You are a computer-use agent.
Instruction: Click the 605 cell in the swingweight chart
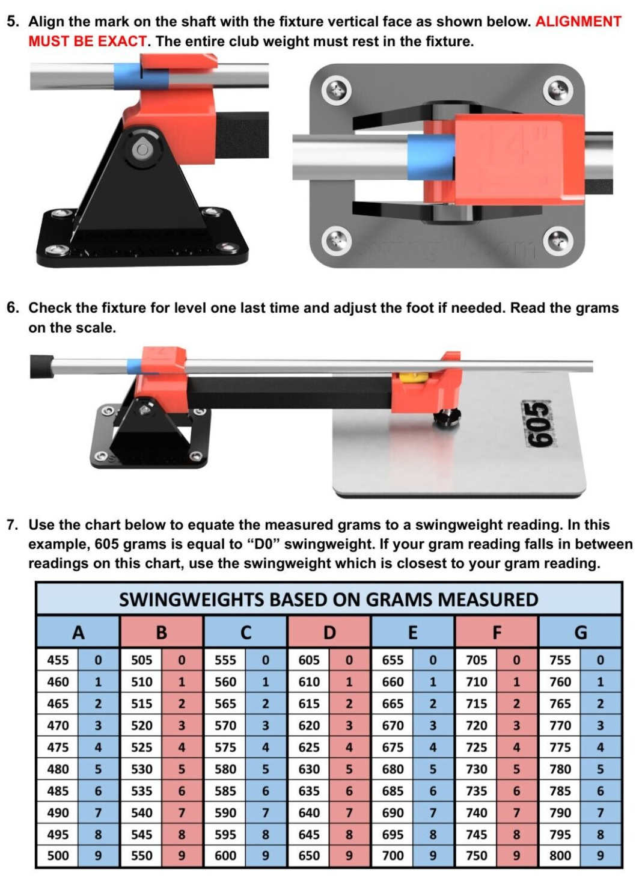(x=309, y=660)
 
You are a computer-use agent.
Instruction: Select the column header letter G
(x=580, y=633)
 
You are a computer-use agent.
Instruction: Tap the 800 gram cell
(x=560, y=856)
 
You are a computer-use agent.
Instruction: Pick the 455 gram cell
(x=58, y=660)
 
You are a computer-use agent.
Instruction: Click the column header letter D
(x=329, y=633)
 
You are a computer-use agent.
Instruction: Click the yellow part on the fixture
(x=409, y=376)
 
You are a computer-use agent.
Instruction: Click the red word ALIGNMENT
(x=578, y=22)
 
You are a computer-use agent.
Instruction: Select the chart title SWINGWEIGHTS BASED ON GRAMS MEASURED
(x=328, y=600)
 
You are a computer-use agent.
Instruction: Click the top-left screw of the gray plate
(x=337, y=90)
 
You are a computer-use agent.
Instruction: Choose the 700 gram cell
(x=393, y=856)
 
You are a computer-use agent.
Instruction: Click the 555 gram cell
(x=225, y=660)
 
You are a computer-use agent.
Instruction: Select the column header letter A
(x=78, y=633)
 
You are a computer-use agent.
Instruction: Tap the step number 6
(x=13, y=308)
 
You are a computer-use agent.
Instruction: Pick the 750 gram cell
(x=476, y=856)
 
